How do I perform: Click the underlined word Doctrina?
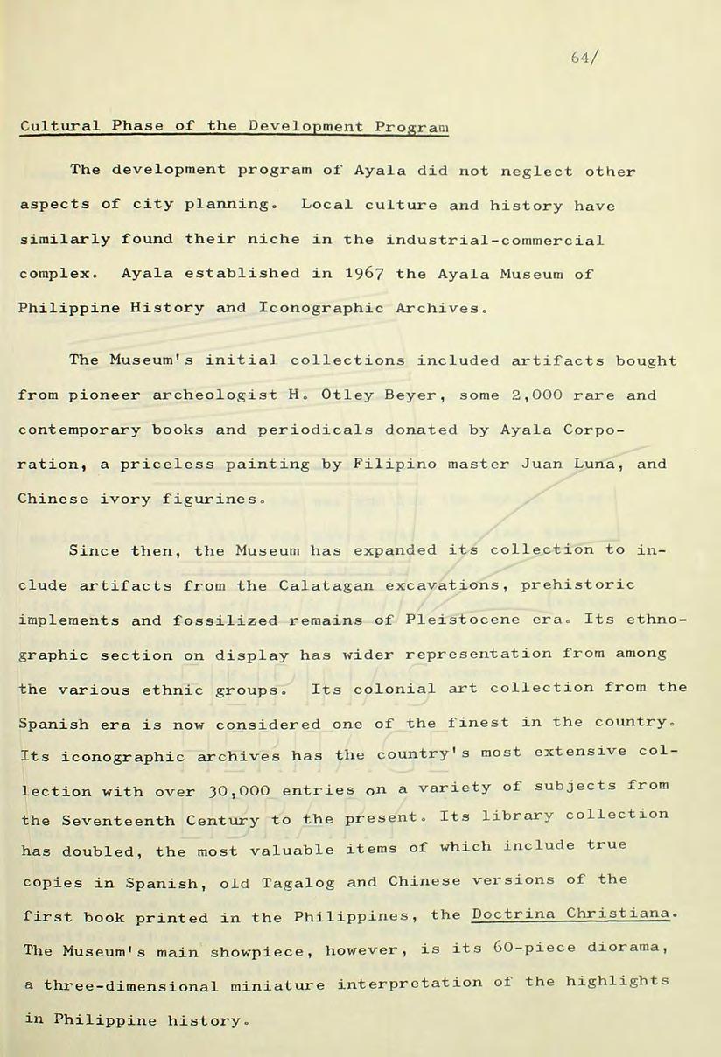508,914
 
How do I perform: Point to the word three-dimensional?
129,986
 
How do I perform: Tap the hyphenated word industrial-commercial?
493,239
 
